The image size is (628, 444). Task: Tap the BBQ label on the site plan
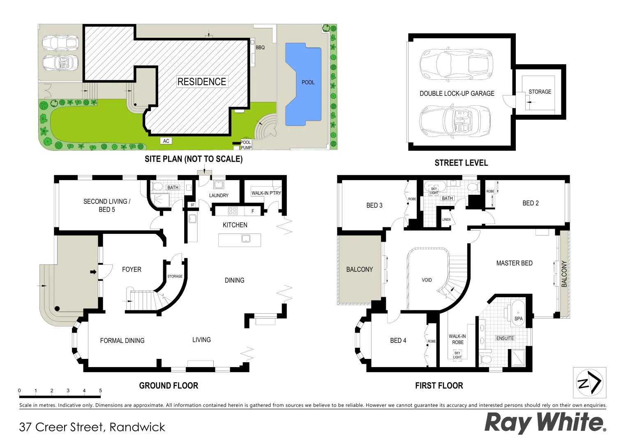tap(260, 48)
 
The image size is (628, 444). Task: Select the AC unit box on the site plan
tap(166, 141)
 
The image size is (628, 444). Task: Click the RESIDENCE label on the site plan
tap(202, 82)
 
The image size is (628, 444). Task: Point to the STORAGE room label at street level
tap(540, 92)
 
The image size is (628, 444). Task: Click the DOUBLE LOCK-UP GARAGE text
tap(457, 94)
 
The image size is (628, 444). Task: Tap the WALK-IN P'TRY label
tap(266, 193)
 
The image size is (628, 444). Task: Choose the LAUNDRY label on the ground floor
tap(219, 196)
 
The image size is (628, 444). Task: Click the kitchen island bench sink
tap(246, 238)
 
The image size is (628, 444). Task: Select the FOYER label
tap(132, 270)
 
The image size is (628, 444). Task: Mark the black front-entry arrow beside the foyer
tap(93, 272)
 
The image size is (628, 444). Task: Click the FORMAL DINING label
tap(122, 341)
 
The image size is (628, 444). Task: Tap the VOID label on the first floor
tap(427, 280)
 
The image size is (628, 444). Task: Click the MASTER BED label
tap(514, 263)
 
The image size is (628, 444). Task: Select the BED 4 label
tap(398, 340)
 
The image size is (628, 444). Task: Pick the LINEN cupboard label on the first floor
tap(446, 220)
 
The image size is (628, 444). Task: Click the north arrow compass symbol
tap(589, 383)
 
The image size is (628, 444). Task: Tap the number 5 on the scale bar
tap(100, 391)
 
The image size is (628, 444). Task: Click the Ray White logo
tap(545, 423)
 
